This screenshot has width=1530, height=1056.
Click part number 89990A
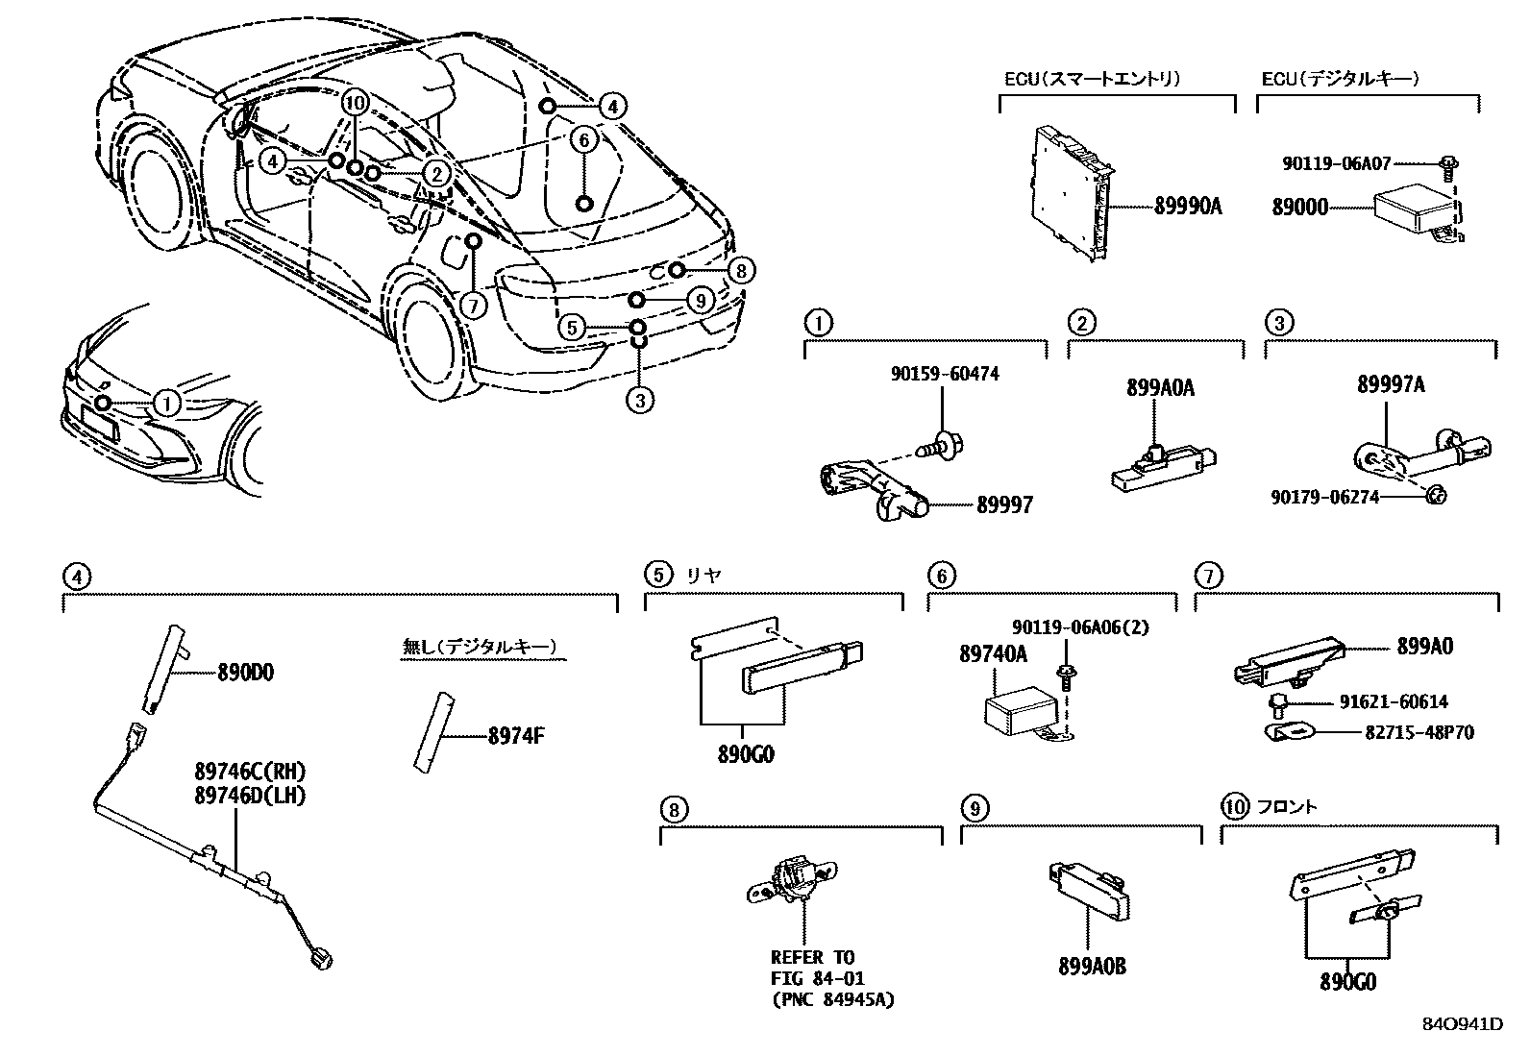(x=1188, y=206)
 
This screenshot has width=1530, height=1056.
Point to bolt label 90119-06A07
(x=1336, y=164)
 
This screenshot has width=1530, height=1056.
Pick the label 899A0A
(x=1160, y=388)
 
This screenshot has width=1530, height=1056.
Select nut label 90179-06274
(x=1324, y=497)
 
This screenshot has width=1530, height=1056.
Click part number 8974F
(x=516, y=737)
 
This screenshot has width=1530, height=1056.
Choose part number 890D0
(x=245, y=673)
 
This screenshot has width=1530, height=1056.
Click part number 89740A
(x=994, y=654)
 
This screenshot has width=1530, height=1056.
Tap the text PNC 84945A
(x=832, y=1000)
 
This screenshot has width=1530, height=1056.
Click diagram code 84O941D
(x=1462, y=1024)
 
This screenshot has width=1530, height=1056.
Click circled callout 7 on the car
(x=473, y=306)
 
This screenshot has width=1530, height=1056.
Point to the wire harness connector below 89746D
(x=322, y=957)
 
